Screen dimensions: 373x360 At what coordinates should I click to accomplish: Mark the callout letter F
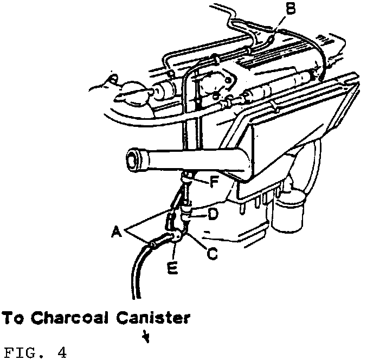[214, 183]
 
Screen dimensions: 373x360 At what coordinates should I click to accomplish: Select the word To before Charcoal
[11, 318]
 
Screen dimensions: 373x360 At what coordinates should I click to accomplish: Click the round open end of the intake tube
[133, 160]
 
